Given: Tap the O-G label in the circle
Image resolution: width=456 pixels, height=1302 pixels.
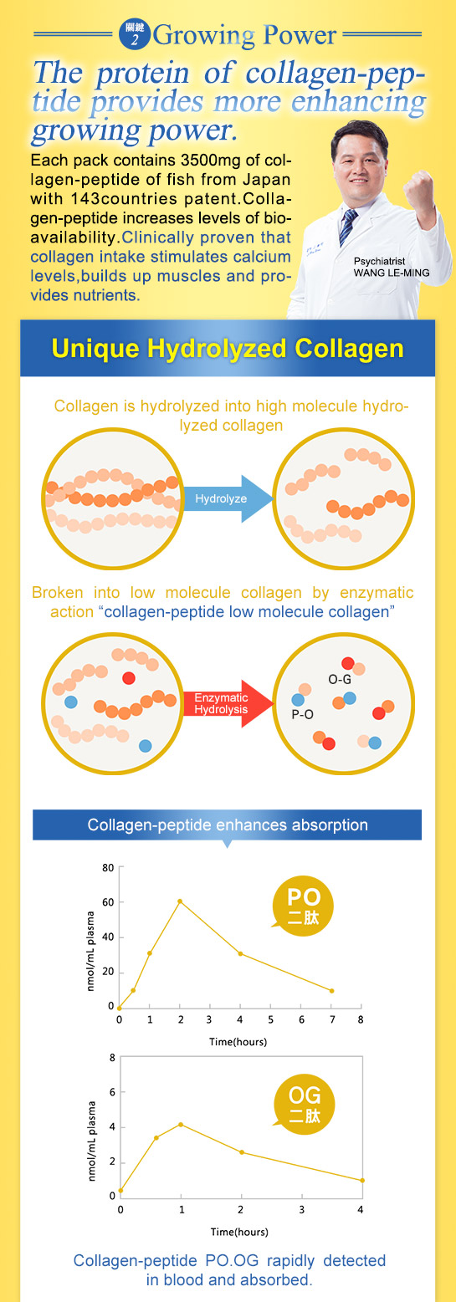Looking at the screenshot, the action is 340,680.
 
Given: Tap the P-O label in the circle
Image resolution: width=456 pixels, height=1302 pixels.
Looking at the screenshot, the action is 302,714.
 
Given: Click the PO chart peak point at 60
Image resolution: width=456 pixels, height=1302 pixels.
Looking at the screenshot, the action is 180,901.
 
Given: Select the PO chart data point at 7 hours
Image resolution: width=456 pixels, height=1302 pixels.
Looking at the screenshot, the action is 331,990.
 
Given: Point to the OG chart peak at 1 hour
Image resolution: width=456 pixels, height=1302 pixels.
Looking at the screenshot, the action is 181,1124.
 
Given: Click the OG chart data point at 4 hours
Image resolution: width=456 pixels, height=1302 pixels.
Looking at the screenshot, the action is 362,1180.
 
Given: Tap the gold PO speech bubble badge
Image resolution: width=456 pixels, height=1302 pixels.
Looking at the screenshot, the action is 302,907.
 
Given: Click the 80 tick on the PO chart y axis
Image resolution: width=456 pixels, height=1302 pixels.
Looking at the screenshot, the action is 108,868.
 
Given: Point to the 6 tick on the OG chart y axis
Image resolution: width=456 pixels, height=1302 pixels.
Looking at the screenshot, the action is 112,1091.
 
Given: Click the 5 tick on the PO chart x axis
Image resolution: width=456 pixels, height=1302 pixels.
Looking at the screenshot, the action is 270,1019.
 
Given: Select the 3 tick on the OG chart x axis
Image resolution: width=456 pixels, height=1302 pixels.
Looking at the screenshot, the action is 301,1209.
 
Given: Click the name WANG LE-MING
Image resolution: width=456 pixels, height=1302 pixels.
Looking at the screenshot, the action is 392,273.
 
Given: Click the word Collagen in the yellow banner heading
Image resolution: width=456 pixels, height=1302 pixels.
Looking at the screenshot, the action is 349,348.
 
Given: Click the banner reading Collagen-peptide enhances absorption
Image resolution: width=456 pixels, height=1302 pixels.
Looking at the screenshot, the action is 227,825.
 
